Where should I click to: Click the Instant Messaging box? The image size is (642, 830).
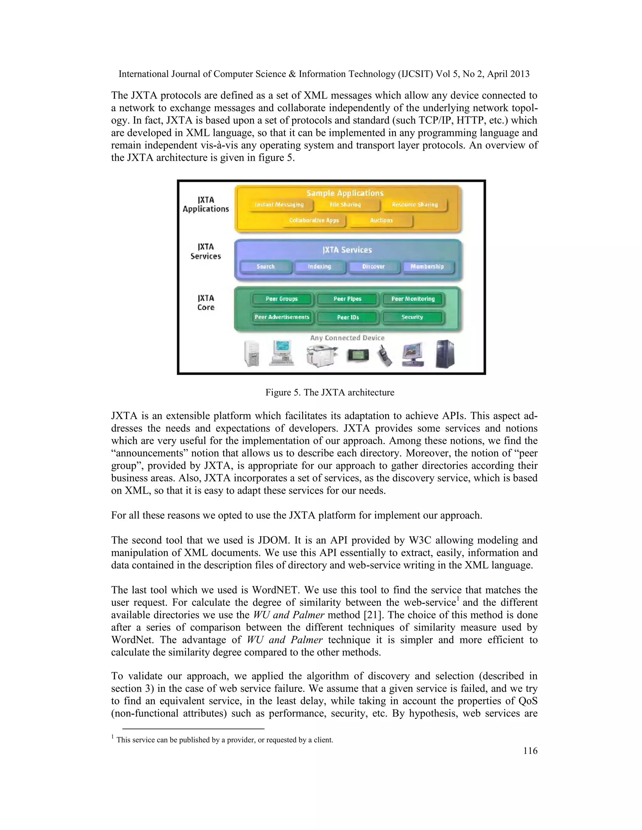coord(280,205)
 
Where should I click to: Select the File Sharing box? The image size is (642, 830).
coord(345,205)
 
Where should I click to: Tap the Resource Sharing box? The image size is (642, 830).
coord(414,205)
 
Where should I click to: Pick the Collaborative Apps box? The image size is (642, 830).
coord(314,220)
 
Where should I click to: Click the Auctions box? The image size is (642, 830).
coord(381,220)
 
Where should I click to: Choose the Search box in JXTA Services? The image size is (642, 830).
coord(266,267)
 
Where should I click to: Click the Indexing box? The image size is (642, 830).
coord(319,267)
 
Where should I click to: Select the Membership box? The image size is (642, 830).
coord(427,267)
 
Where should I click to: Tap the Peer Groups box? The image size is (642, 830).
coord(282,299)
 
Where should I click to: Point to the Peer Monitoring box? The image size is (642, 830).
coord(413,299)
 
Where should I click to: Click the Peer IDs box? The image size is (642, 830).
coord(348,317)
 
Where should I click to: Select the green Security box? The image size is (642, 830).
coord(412,317)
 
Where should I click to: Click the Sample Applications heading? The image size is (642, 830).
coord(345,193)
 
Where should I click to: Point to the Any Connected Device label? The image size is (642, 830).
coord(347,338)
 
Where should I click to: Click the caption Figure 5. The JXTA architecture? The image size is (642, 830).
coord(330,392)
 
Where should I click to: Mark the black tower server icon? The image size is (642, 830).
coord(445,354)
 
